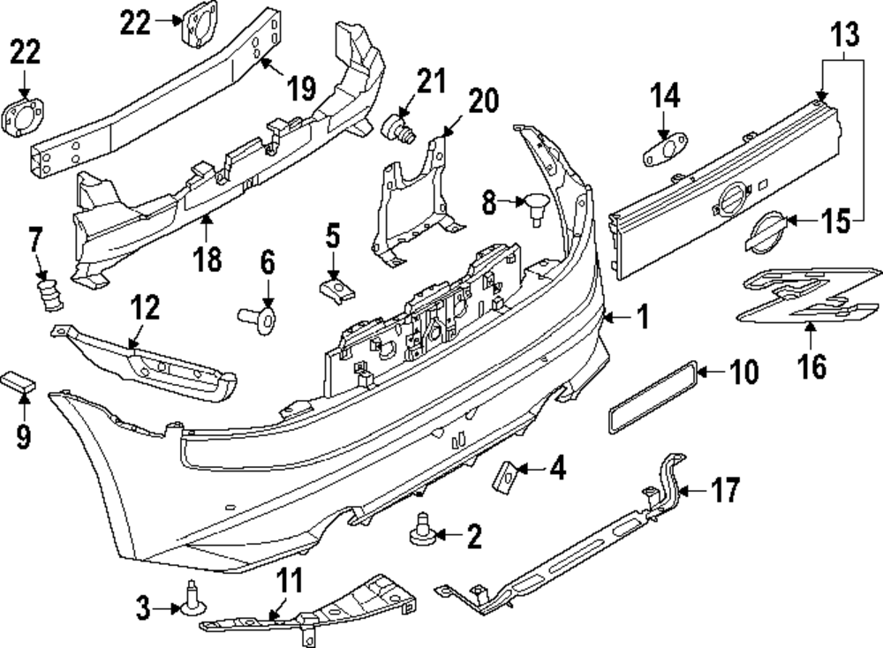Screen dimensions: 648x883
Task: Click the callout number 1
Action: [643, 316]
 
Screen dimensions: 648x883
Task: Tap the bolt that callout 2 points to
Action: [419, 532]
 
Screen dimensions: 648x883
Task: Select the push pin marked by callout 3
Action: [192, 599]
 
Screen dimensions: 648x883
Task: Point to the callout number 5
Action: [333, 237]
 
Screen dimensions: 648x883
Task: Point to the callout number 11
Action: [291, 581]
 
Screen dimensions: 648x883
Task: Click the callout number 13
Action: [845, 37]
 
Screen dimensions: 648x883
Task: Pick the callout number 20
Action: [483, 102]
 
